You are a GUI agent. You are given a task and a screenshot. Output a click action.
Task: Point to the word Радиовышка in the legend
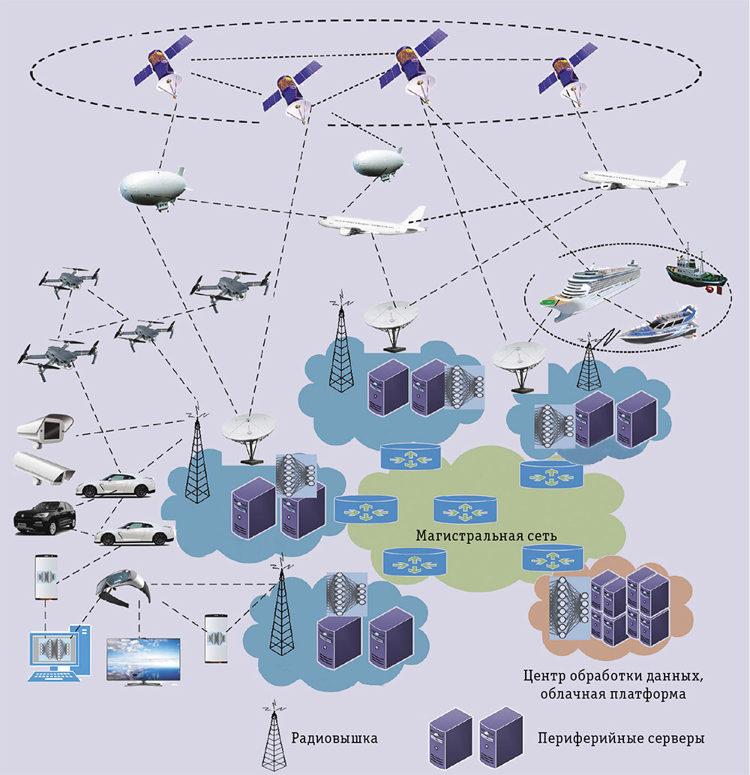pyautogui.click(x=334, y=739)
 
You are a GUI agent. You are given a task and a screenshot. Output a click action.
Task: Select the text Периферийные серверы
pyautogui.click(x=621, y=739)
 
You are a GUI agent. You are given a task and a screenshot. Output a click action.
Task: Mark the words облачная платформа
pyautogui.click(x=613, y=695)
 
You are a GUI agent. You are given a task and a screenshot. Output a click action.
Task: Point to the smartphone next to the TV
pyautogui.click(x=216, y=637)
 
